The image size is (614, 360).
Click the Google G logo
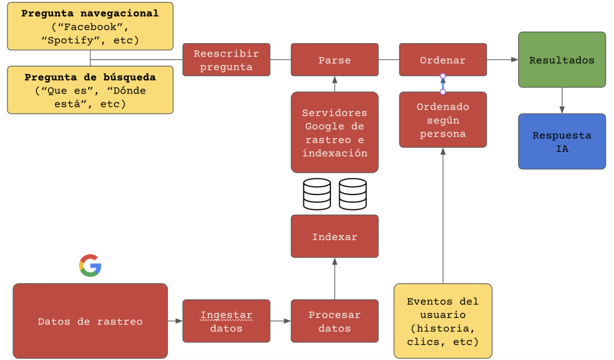click(x=90, y=265)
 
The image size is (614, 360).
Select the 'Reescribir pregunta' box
click(x=226, y=59)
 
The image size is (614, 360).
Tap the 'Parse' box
click(x=335, y=59)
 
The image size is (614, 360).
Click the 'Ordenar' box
click(x=443, y=59)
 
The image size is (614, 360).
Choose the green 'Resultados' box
click(x=562, y=60)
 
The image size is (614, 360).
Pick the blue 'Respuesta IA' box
click(x=562, y=142)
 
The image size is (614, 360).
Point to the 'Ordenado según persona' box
click(x=443, y=119)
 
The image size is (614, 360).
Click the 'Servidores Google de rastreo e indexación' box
click(x=335, y=133)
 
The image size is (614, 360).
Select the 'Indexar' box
click(x=335, y=236)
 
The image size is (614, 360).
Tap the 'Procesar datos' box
click(x=335, y=321)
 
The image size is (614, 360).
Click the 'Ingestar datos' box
click(x=226, y=321)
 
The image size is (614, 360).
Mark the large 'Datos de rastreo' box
click(x=90, y=321)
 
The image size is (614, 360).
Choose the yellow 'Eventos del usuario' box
click(x=443, y=322)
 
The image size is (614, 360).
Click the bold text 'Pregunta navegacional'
click(x=90, y=13)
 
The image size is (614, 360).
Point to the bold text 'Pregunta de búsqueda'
click(x=90, y=77)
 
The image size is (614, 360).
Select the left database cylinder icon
click(x=317, y=194)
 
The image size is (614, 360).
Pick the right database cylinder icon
click(x=353, y=194)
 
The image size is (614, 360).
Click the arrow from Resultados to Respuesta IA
click(x=562, y=101)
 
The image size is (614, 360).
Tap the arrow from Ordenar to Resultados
click(x=502, y=59)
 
